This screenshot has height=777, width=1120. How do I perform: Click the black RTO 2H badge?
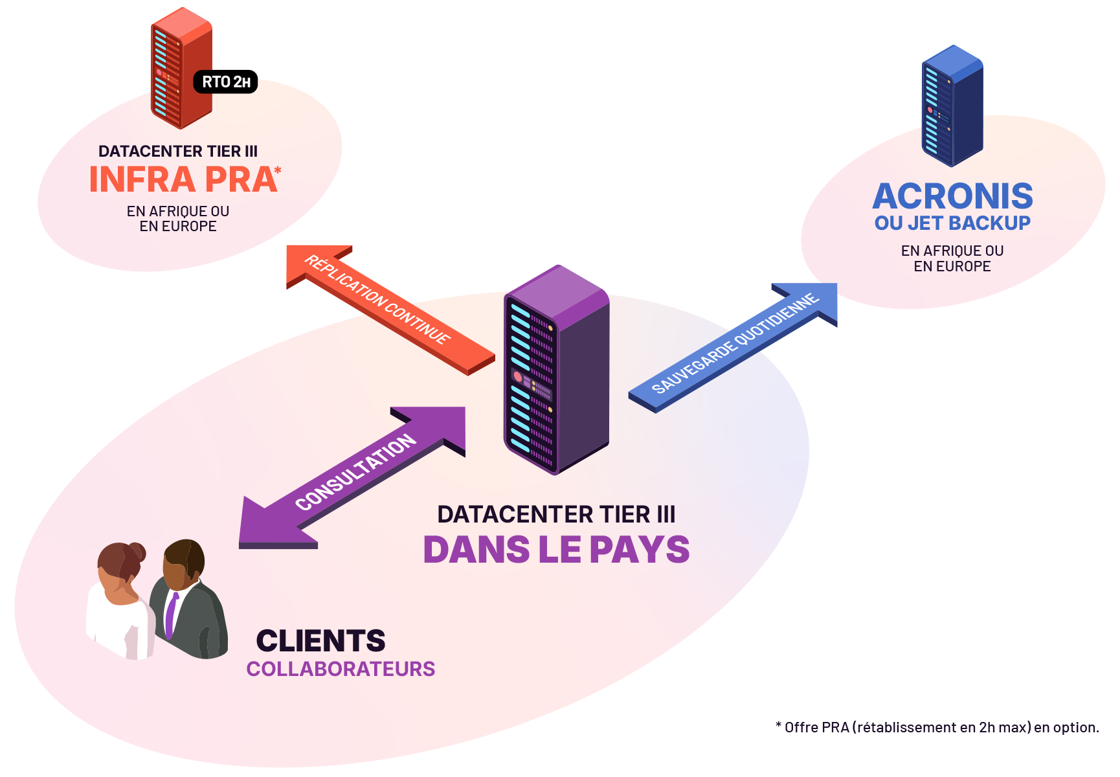225,82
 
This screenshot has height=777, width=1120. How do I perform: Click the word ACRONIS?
952,196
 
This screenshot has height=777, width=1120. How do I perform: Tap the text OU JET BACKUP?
952,223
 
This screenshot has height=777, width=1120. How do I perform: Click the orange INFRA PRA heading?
183,179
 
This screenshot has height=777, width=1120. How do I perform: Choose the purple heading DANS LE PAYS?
556,549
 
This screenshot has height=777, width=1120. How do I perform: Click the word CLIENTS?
320,640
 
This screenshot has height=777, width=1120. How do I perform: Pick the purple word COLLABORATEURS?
341,669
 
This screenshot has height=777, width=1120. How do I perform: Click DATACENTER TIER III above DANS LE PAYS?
556,514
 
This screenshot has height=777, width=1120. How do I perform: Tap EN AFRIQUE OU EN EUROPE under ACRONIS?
952,258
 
